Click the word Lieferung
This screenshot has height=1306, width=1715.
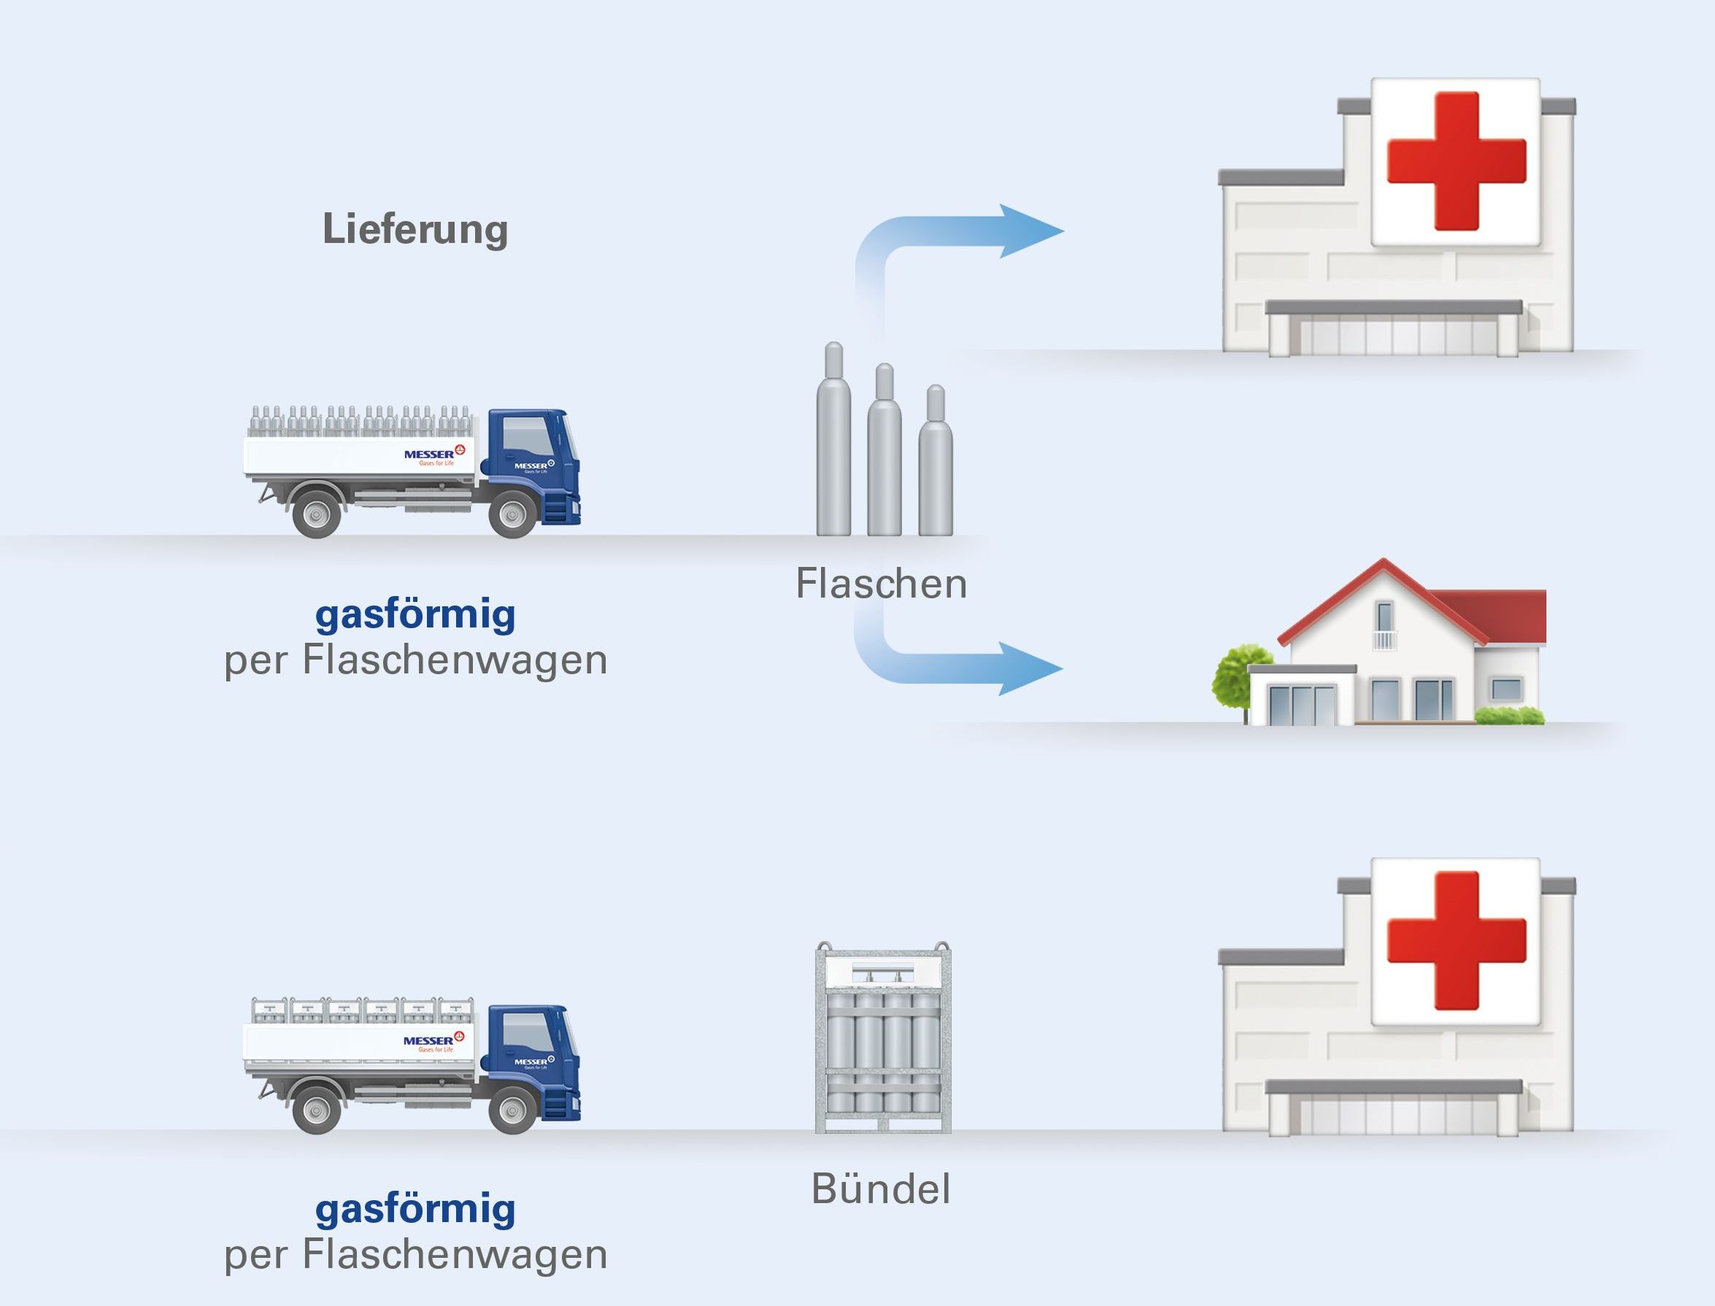[415, 229]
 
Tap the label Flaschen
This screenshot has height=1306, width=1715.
[881, 583]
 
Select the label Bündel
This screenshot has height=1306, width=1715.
[881, 1189]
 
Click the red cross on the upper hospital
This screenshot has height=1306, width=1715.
[1456, 161]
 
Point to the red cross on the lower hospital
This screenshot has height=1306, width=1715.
[1456, 940]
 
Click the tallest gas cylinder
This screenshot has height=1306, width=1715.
[833, 443]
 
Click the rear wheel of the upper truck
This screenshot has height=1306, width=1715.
[317, 512]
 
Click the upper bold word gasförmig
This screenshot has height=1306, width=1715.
[415, 615]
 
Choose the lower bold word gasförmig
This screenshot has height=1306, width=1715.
[415, 1210]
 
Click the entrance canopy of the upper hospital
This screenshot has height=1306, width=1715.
[1393, 307]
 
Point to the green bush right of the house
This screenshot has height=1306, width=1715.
[1508, 715]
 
